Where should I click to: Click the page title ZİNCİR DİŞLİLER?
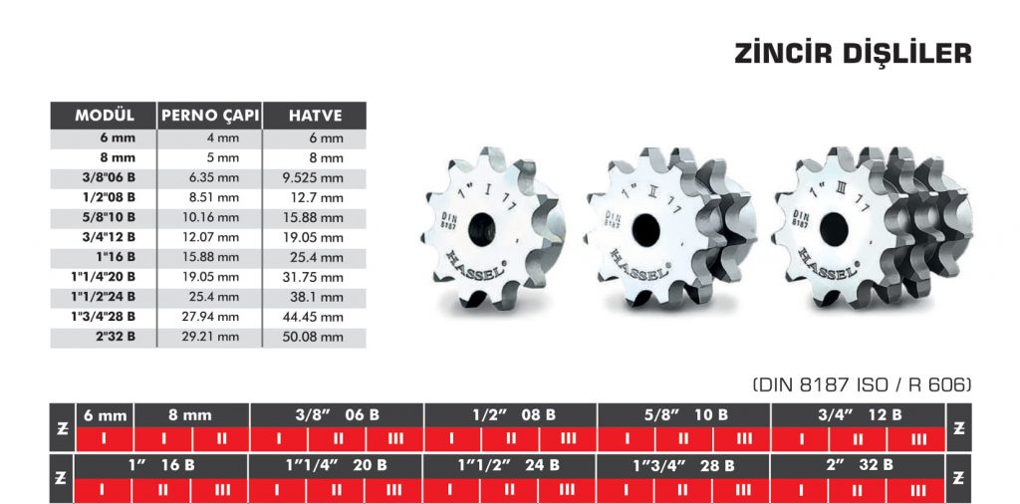click(x=853, y=54)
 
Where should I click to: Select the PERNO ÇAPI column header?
click(x=209, y=116)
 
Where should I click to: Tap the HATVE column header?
click(x=315, y=116)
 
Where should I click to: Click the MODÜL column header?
click(x=104, y=116)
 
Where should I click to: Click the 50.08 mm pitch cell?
click(x=313, y=337)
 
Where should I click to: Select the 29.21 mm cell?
click(x=212, y=337)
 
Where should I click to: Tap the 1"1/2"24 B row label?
click(x=104, y=297)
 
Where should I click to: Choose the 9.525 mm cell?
click(x=313, y=177)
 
